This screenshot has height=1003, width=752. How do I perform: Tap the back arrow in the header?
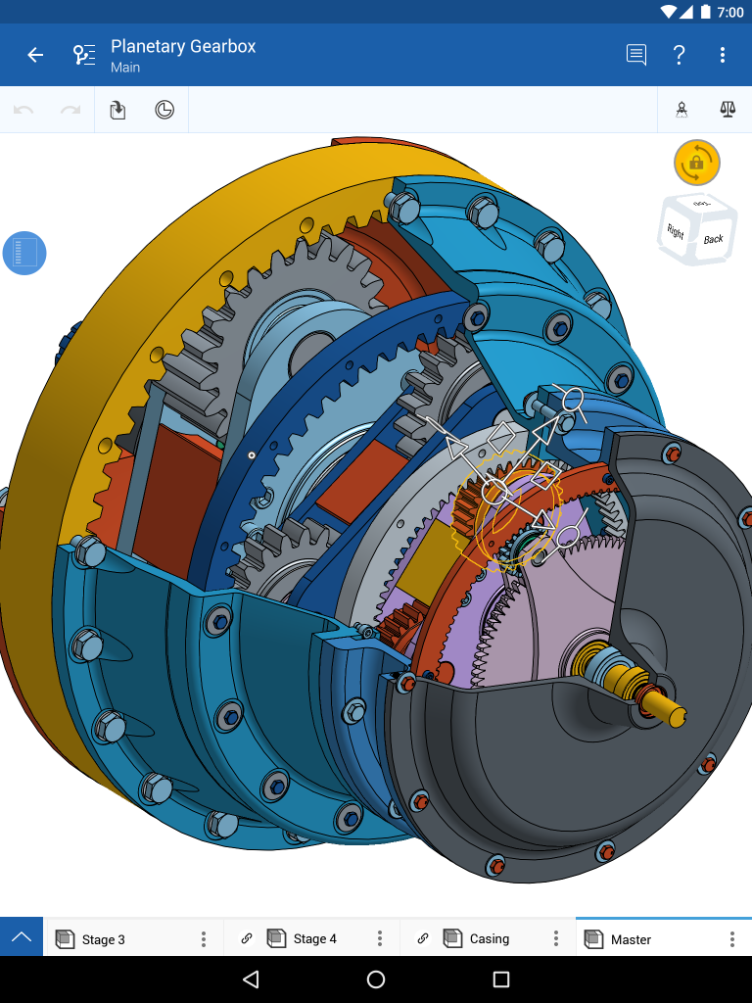[x=35, y=55]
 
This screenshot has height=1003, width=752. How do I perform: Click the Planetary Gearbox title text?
[x=183, y=46]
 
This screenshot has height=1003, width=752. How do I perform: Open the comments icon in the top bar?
[x=636, y=55]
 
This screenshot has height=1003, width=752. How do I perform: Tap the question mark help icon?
[x=680, y=55]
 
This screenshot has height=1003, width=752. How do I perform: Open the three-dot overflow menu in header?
[x=723, y=55]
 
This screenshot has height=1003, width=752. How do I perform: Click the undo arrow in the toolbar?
[x=23, y=110]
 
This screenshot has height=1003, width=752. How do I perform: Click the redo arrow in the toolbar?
[x=70, y=110]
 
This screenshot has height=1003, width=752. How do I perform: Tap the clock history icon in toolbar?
[x=164, y=110]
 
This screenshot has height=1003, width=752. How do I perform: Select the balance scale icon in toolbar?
[x=727, y=110]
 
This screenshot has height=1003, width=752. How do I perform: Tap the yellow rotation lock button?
[x=696, y=163]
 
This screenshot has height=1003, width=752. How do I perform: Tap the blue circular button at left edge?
[x=24, y=254]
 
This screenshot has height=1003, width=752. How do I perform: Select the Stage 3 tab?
[x=103, y=939]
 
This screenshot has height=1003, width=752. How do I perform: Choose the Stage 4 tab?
[x=314, y=939]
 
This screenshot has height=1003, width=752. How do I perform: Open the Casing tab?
[x=489, y=939]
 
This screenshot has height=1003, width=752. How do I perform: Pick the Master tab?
[x=631, y=939]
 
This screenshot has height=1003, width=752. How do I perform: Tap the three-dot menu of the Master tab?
[x=731, y=939]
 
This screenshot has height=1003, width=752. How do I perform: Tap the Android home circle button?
[x=376, y=979]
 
